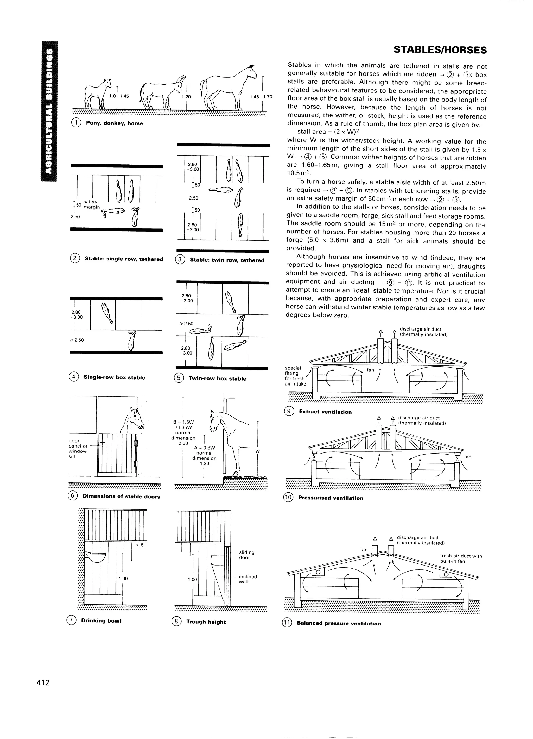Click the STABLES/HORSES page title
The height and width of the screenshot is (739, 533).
point(440,50)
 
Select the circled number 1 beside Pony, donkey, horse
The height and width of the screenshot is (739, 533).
point(75,123)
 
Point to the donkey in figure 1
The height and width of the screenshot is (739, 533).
point(162,93)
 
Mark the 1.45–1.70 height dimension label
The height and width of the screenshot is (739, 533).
point(261,97)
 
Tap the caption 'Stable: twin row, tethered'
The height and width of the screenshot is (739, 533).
point(227,260)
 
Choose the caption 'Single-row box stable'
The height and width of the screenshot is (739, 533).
point(114,377)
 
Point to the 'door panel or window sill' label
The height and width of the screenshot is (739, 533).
point(78,448)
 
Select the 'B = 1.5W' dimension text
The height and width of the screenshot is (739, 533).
point(183,422)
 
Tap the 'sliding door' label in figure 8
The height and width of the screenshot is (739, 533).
point(246,555)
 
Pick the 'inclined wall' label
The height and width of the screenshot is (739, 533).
point(248,579)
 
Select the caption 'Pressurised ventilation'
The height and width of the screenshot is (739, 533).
point(330,498)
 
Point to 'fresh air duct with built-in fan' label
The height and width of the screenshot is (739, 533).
point(461,558)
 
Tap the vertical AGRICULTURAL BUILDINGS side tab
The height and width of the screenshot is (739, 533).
point(49,111)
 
